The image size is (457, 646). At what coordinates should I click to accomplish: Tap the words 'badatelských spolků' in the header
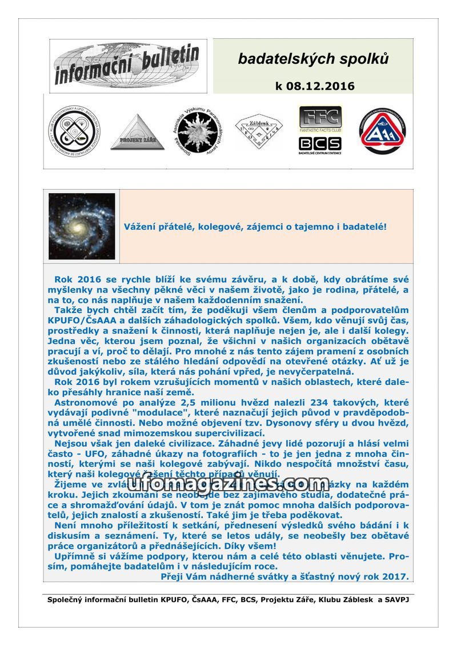click(313, 59)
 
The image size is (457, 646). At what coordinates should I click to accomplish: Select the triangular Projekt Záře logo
click(137, 133)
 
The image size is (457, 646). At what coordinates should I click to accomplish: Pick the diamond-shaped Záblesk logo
click(259, 131)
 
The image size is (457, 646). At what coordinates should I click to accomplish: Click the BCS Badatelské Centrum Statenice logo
click(320, 144)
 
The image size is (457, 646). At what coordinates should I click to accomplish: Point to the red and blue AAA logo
click(383, 131)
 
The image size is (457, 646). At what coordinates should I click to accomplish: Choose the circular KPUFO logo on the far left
click(73, 131)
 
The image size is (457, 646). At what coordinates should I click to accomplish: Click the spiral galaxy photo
click(82, 226)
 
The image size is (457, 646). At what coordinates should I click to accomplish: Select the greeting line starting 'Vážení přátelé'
click(255, 227)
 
